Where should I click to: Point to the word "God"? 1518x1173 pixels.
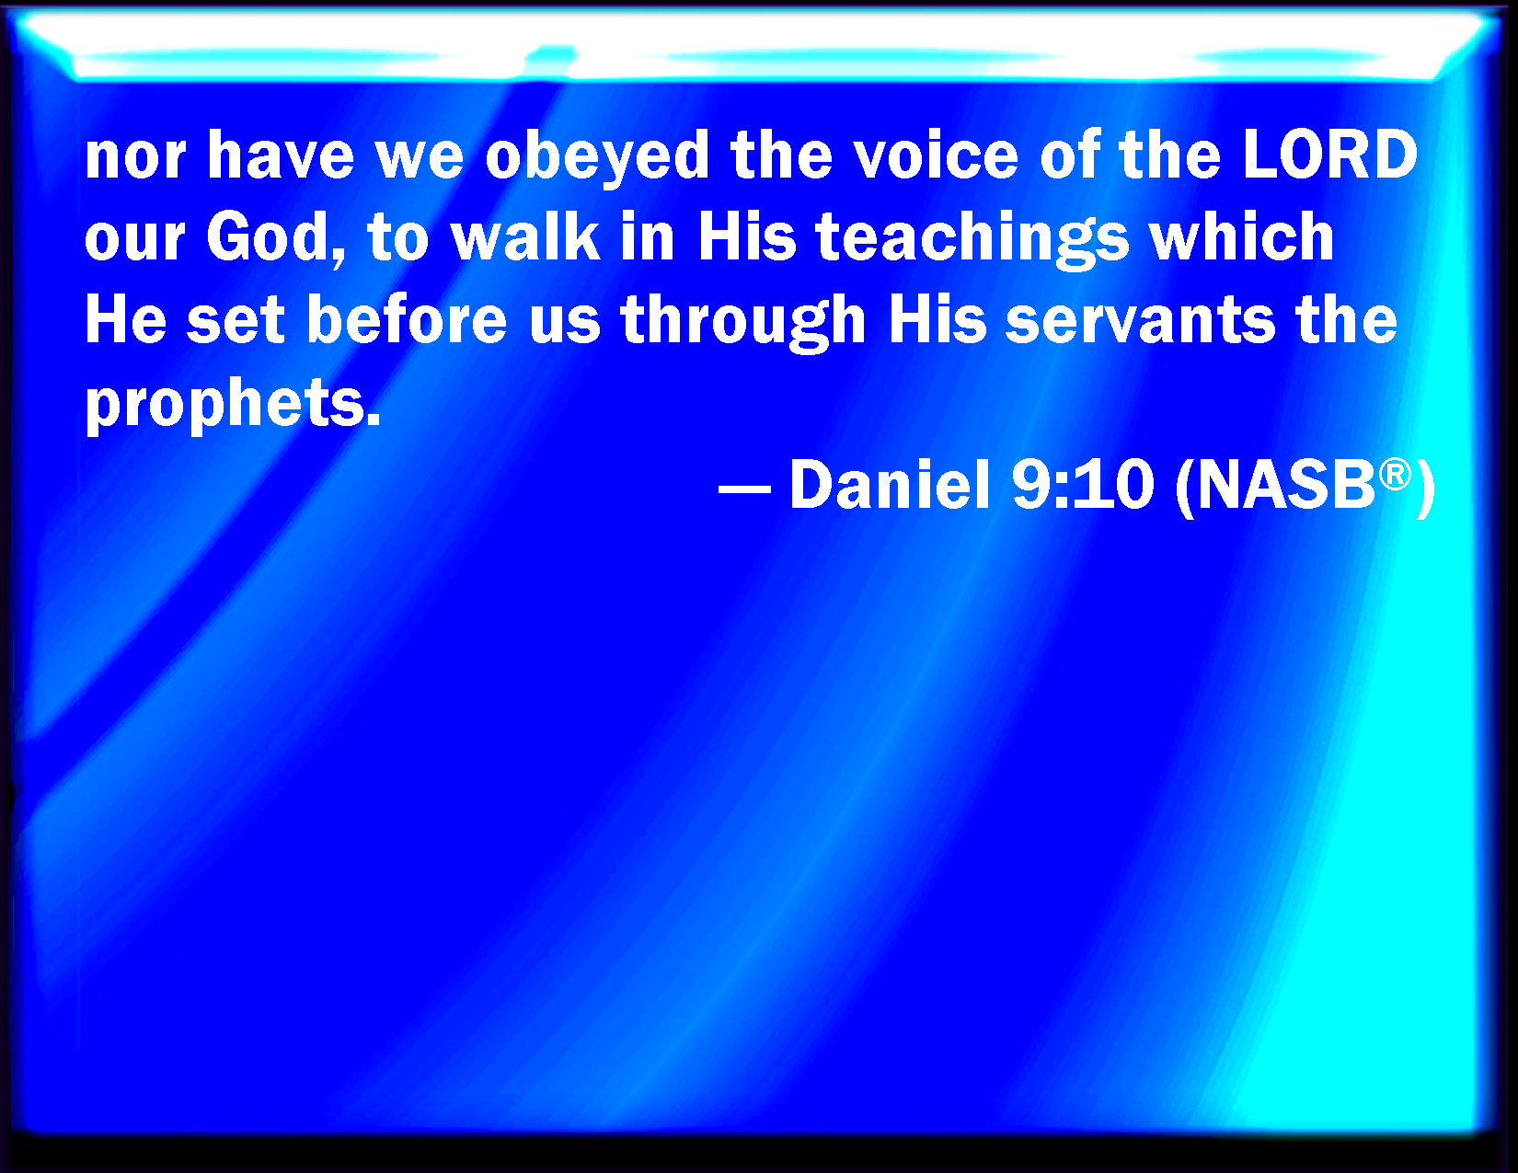pos(276,238)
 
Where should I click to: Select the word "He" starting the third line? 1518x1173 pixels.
pos(126,319)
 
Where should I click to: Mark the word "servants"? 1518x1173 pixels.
pos(1140,321)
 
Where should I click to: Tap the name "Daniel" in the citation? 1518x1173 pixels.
pos(890,486)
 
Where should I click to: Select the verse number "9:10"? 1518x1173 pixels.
pos(1084,487)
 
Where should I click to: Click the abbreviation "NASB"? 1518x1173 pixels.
pos(1286,487)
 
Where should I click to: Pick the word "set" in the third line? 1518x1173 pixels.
pos(236,321)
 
